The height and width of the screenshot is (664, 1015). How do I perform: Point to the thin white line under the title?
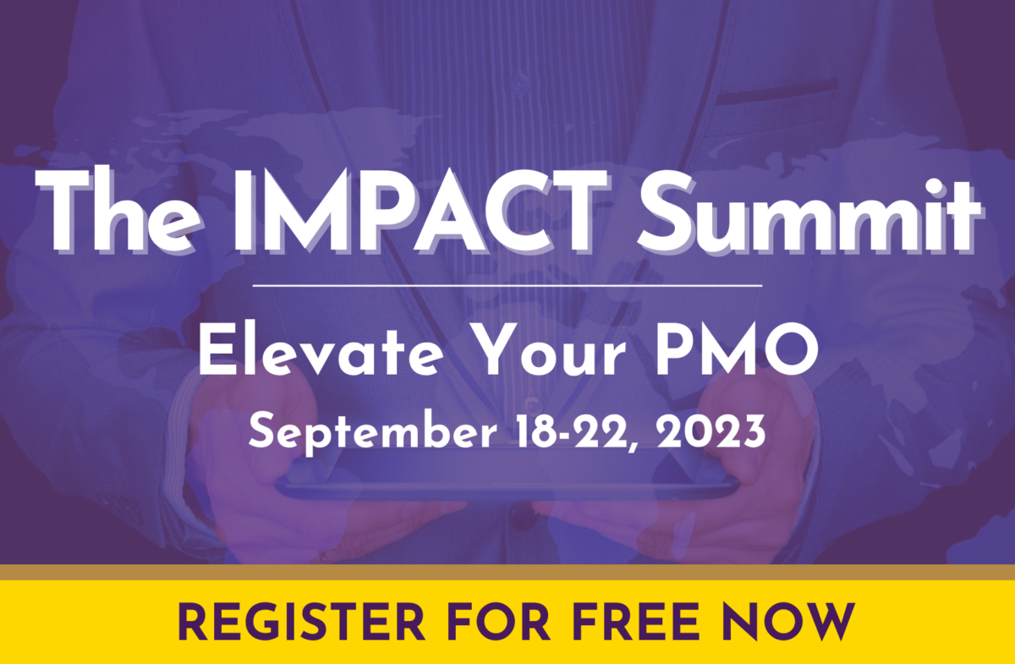pyautogui.click(x=507, y=286)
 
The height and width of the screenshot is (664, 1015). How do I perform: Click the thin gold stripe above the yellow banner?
pyautogui.click(x=507, y=572)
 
